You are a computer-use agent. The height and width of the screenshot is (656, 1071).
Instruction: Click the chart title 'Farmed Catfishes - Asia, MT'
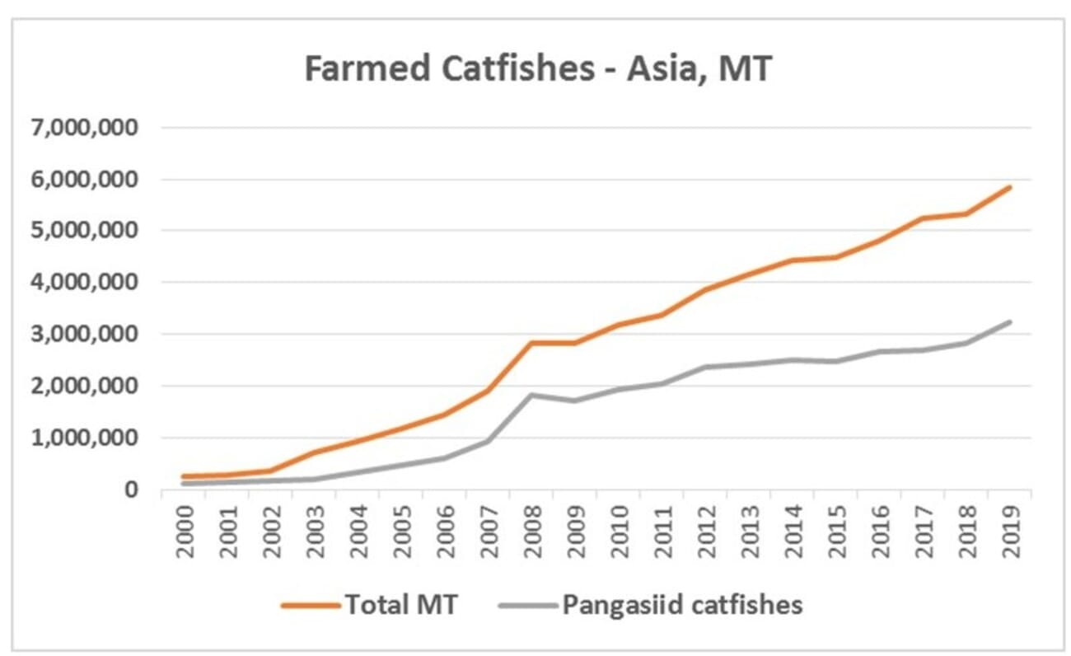point(537,69)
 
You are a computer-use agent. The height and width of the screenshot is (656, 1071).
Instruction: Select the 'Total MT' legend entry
point(401,605)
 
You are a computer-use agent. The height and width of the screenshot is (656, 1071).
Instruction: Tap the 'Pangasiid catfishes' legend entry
point(682,605)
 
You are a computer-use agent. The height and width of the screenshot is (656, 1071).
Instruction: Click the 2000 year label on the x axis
point(187,527)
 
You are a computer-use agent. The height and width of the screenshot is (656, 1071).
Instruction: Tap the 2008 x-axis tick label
point(531,527)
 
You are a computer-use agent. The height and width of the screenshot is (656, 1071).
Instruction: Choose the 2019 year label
point(1009,527)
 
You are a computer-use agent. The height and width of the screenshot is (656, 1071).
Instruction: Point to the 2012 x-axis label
point(705,527)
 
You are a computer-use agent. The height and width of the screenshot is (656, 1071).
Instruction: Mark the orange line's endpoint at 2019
point(1009,187)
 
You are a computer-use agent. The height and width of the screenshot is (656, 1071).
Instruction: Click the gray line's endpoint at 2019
point(1009,321)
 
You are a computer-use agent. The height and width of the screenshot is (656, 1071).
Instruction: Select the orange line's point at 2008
point(531,342)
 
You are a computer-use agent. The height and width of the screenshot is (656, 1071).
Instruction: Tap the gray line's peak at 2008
point(531,395)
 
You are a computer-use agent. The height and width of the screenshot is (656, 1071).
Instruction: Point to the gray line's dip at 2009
point(575,401)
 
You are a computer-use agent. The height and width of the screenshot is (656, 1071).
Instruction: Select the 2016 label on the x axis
point(879,527)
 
